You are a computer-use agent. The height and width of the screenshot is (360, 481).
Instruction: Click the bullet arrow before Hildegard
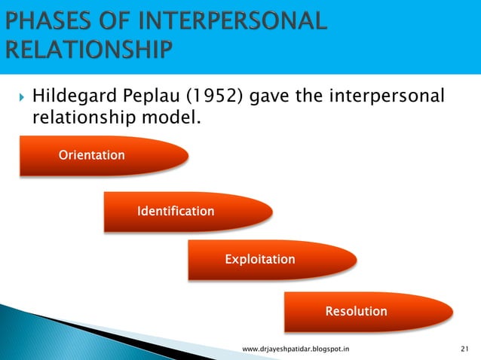click(x=21, y=97)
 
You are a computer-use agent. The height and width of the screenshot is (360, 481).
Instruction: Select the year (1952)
click(x=207, y=97)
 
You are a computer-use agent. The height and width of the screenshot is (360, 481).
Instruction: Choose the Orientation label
click(x=91, y=155)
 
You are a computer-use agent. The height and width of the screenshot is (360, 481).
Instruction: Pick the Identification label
click(x=175, y=212)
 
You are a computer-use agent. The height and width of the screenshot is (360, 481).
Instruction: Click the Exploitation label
click(x=259, y=259)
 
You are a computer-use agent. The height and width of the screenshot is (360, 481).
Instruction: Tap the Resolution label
click(x=356, y=311)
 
